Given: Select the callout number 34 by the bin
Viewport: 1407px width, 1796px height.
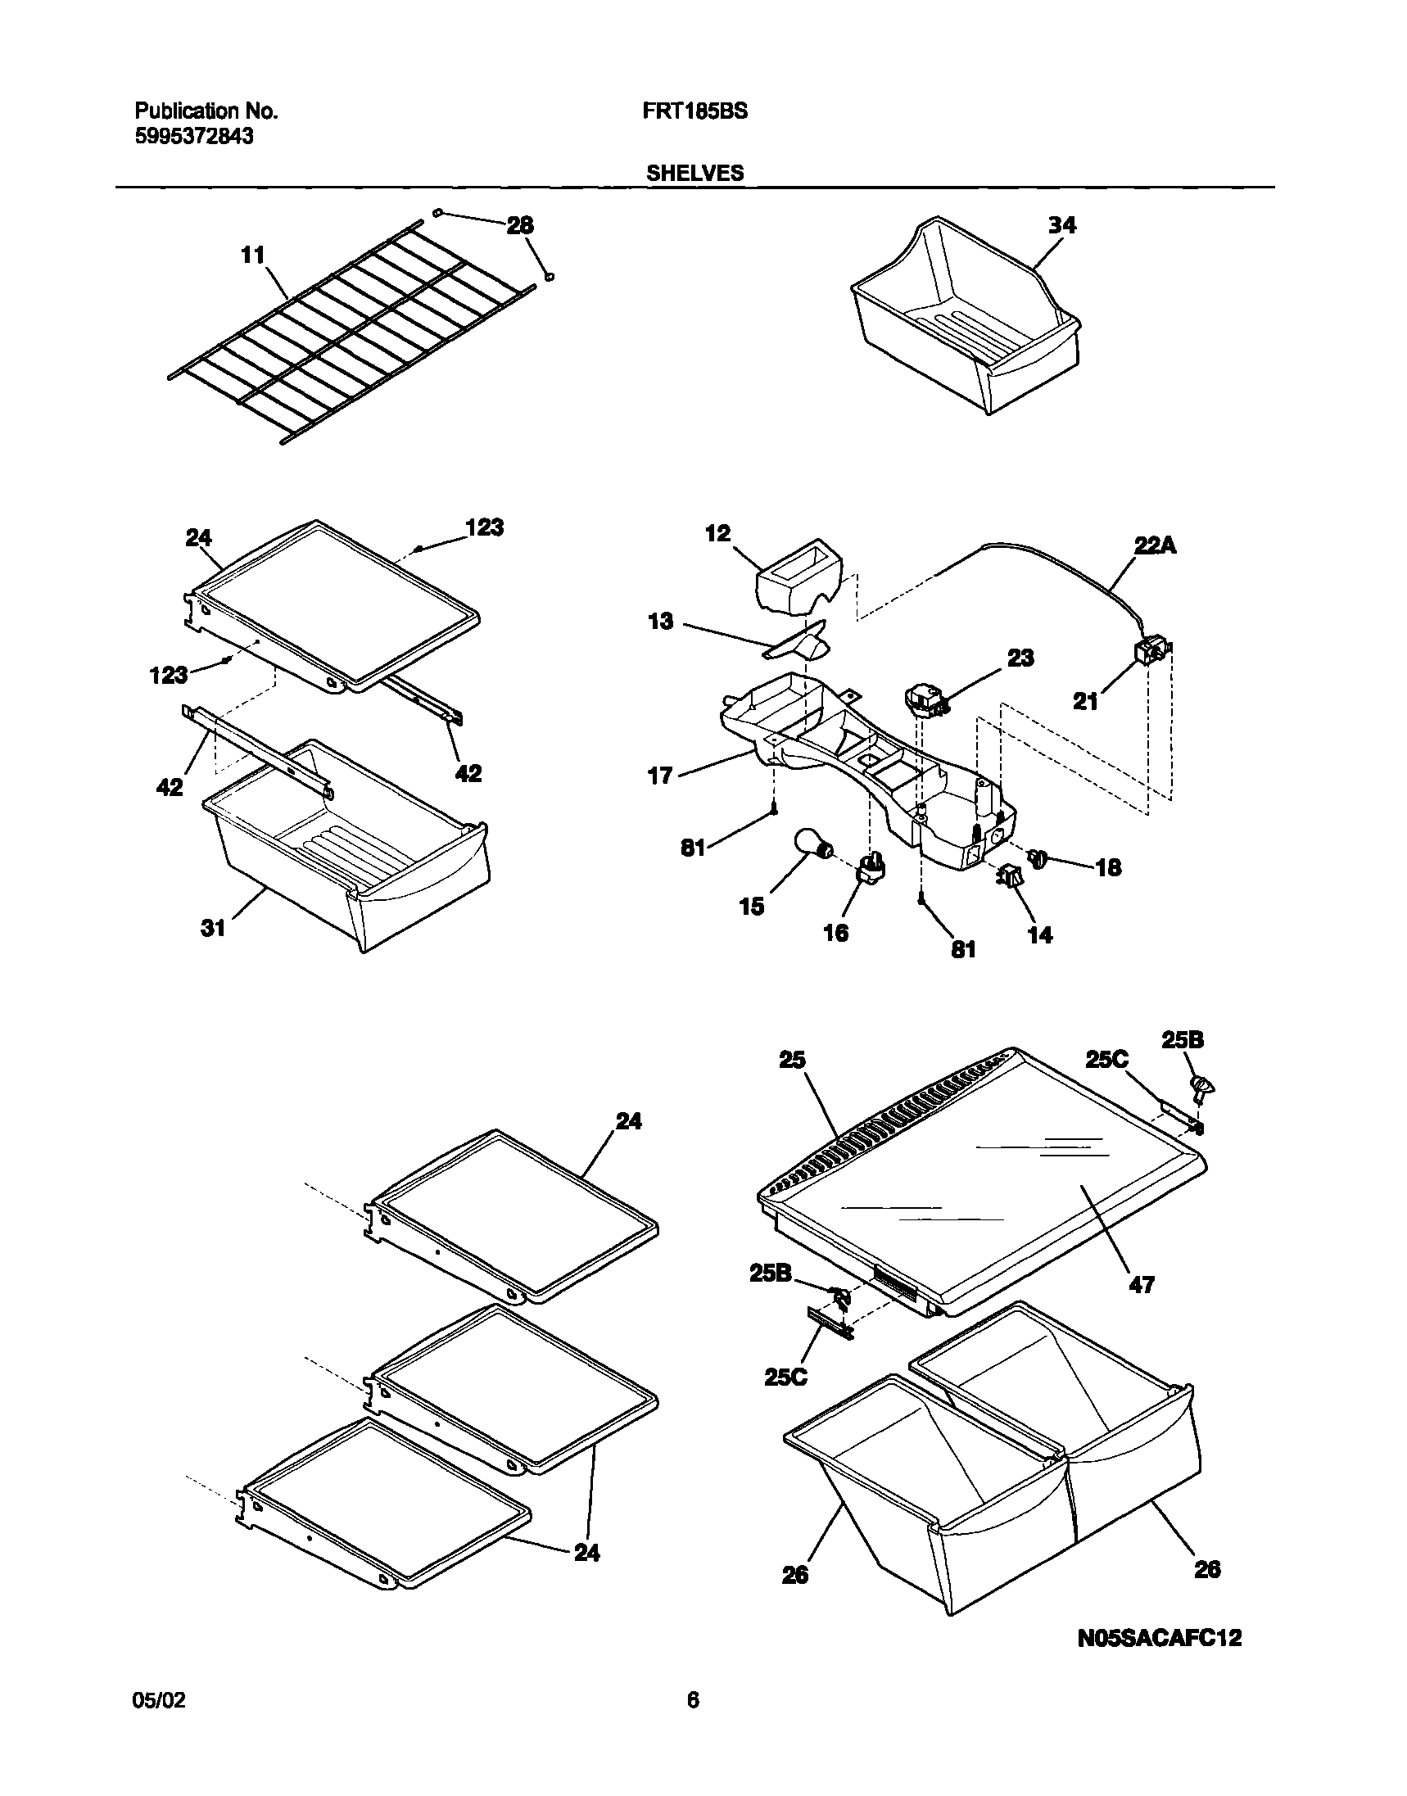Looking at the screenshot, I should tap(1062, 225).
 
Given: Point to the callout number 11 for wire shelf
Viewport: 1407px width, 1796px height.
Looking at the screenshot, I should tap(253, 256).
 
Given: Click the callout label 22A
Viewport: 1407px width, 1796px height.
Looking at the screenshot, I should tap(1155, 545).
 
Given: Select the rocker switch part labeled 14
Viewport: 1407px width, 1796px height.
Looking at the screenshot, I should tap(1010, 877).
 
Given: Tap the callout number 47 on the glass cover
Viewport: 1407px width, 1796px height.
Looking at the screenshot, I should tap(1141, 1283).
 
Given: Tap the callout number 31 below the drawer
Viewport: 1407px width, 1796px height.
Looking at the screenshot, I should tap(213, 928).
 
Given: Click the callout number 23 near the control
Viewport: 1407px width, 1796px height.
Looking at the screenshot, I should tap(1020, 658).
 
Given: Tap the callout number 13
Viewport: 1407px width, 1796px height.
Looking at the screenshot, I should tap(660, 621).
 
